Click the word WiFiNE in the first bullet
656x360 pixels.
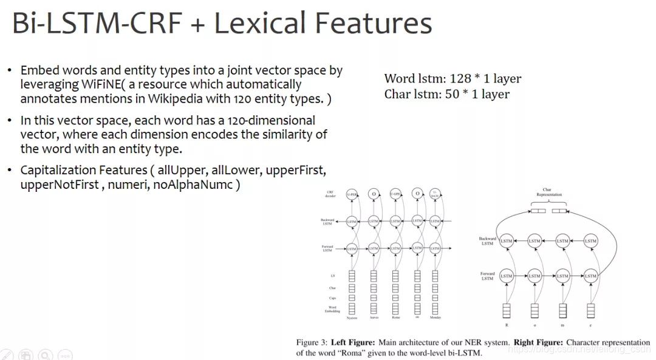(92, 84)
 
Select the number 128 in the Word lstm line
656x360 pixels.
(461, 78)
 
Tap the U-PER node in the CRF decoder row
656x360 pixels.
(351, 194)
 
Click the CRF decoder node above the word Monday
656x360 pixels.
(435, 194)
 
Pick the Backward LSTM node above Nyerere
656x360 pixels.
(351, 222)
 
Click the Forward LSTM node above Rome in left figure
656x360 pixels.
(395, 248)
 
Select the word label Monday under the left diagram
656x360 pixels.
(435, 318)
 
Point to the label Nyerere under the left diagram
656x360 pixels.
(352, 318)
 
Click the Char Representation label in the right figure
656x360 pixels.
(548, 192)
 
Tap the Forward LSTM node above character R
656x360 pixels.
(506, 276)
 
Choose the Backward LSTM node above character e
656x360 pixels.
(590, 241)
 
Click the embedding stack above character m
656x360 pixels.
(562, 310)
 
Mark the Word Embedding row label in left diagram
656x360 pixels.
(332, 310)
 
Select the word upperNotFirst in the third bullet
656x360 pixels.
(59, 185)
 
